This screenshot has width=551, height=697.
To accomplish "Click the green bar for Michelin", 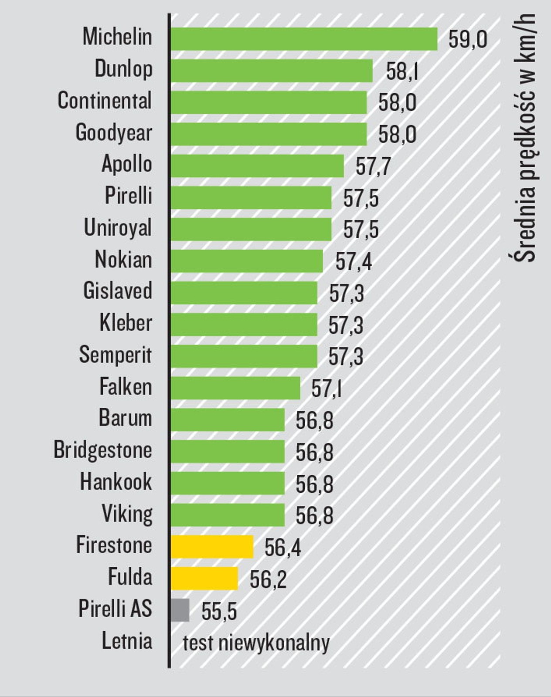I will point(304,39).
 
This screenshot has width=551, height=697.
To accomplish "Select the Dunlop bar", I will point(272,71).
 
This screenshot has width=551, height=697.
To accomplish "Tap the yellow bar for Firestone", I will point(212,547).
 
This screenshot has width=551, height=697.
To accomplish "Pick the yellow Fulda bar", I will point(204,579).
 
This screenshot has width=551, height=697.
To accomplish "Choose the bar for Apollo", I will point(257,166).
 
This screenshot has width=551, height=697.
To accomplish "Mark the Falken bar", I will point(235,388).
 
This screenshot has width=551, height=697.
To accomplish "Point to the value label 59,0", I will point(468,40).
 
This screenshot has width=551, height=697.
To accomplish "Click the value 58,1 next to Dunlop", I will point(402,71).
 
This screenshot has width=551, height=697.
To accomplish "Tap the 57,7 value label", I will point(373,166).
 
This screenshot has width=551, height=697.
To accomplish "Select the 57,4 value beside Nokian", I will point(354,261).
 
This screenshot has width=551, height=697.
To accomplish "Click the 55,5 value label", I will point(219,611).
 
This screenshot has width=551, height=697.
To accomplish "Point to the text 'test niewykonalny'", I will point(256,643).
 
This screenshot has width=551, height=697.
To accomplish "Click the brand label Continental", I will point(105,101).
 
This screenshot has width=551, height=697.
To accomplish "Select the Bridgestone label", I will point(103,450).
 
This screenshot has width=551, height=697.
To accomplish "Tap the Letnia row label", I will point(127,641).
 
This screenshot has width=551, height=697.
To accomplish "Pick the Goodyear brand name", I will point(114,132).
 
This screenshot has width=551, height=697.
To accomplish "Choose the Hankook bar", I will point(228,483).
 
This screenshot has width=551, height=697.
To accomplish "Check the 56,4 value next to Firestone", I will point(282,547).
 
